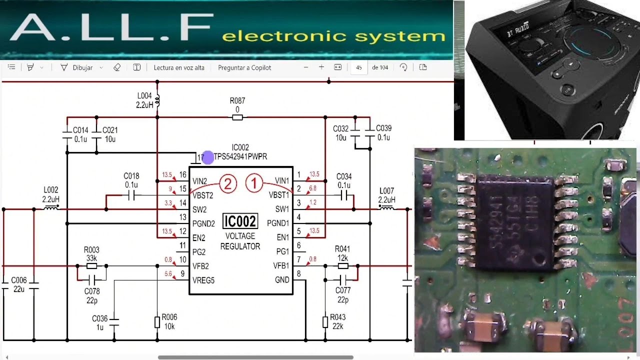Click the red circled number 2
coord(228,184)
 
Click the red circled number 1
coord(254,184)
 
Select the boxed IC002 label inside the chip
coord(240,221)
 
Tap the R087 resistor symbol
coord(237,117)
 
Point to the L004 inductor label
coord(144,95)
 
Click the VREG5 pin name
coord(203,280)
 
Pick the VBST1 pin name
coord(278,195)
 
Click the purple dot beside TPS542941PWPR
coord(208,158)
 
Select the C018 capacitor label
coord(131,176)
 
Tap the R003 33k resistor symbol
coord(91,265)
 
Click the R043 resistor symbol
coord(325,321)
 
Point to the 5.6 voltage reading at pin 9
coord(168,274)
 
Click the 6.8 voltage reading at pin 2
coord(313,188)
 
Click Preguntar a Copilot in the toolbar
coord(244,67)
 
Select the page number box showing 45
coord(359,67)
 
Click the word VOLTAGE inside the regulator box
coord(240,236)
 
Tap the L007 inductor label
coord(386,191)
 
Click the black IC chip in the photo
coord(514,225)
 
